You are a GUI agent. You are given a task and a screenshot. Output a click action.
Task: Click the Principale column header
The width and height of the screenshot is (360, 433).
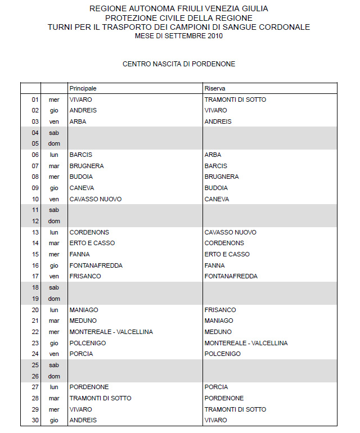click(83, 89)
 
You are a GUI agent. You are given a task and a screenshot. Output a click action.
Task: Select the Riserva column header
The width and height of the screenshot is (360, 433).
click(215, 89)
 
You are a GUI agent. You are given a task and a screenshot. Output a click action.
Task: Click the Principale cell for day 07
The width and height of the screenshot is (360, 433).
click(87, 166)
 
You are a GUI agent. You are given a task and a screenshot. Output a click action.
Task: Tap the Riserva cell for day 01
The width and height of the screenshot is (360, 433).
click(235, 100)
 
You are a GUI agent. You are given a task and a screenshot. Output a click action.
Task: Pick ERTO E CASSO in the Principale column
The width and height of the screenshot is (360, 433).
click(92, 243)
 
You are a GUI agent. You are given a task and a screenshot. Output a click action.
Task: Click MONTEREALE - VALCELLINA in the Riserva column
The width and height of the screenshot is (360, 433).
click(246, 343)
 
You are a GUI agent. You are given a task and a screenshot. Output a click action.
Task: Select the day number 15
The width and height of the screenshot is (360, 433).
click(35, 254)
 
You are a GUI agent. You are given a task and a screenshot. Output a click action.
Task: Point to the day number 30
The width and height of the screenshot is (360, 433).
click(35, 420)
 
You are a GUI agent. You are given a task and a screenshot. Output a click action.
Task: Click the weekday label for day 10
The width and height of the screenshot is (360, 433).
click(54, 199)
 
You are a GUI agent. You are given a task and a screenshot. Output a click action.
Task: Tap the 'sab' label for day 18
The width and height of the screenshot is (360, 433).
click(54, 287)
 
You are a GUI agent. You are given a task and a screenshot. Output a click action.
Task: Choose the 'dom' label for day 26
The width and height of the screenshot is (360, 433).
click(54, 376)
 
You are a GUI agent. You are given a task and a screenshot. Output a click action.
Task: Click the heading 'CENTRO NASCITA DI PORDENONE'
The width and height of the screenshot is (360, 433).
click(179, 64)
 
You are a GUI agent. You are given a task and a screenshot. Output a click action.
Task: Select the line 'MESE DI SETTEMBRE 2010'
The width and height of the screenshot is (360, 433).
click(179, 36)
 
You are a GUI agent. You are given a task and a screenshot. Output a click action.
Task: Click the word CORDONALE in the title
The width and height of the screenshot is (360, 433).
click(283, 27)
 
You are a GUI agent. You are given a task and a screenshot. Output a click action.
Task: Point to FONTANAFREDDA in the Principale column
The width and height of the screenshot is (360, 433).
click(96, 265)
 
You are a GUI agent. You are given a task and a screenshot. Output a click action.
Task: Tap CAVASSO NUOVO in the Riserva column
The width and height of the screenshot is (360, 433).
click(230, 232)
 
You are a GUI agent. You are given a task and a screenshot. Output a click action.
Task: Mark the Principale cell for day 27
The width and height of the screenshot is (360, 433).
click(89, 387)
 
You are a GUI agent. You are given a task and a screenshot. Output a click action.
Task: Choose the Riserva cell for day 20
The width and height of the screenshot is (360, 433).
click(220, 310)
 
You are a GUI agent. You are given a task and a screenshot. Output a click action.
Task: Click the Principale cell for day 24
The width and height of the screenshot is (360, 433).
click(81, 354)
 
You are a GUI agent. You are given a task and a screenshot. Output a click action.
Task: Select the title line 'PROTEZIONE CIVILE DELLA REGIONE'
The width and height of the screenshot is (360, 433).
click(179, 18)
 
